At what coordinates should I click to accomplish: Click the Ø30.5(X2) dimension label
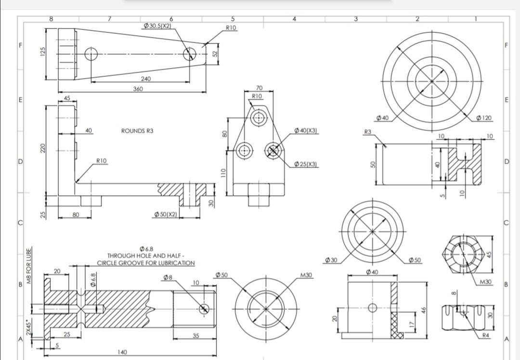(157, 25)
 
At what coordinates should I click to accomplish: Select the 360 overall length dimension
(138, 89)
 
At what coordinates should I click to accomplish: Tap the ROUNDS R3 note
(137, 131)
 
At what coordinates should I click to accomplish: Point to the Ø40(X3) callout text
(305, 131)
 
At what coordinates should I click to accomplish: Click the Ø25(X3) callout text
(305, 164)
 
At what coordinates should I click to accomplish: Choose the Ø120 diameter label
(483, 118)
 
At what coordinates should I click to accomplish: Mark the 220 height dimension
(42, 149)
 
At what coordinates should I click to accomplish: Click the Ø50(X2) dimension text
(165, 213)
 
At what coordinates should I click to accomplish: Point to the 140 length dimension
(122, 352)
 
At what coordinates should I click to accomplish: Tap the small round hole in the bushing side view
(372, 307)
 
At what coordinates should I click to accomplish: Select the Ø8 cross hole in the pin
(204, 308)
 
